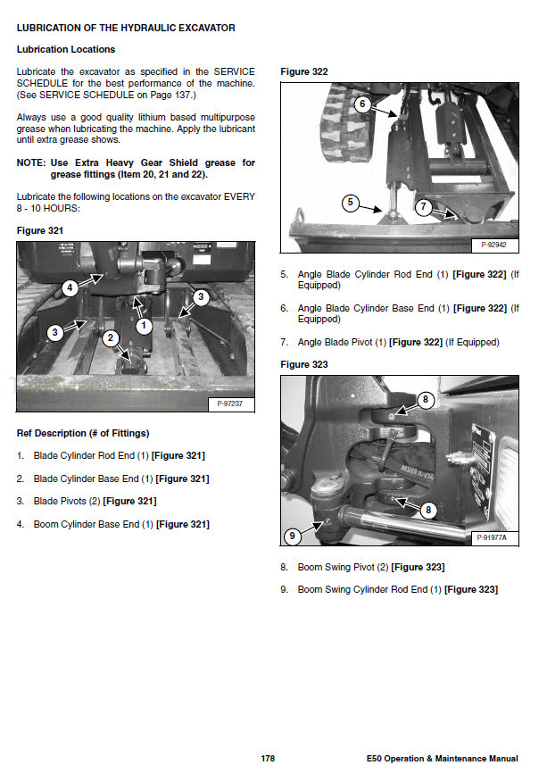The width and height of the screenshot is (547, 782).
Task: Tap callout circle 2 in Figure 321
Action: click(x=110, y=337)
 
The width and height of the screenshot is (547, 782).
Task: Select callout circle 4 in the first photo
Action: click(x=69, y=287)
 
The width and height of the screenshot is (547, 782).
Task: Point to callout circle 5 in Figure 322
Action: click(x=351, y=204)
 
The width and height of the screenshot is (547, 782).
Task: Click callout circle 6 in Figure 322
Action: click(x=361, y=104)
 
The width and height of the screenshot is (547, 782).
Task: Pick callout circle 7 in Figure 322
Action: click(x=424, y=206)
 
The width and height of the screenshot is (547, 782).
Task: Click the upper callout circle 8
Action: click(x=427, y=399)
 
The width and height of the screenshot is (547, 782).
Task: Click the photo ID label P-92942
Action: click(x=494, y=244)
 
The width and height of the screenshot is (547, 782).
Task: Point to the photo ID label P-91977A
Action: click(x=495, y=537)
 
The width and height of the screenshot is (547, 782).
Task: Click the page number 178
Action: click(x=268, y=759)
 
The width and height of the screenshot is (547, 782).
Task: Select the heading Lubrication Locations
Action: click(x=66, y=49)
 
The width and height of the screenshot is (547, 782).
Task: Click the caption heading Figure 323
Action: click(x=304, y=364)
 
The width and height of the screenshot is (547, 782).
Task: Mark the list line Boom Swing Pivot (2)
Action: click(x=370, y=567)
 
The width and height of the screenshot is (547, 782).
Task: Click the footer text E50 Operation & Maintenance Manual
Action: click(x=442, y=759)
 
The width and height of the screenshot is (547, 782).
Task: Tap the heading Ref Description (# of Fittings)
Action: click(x=83, y=433)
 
